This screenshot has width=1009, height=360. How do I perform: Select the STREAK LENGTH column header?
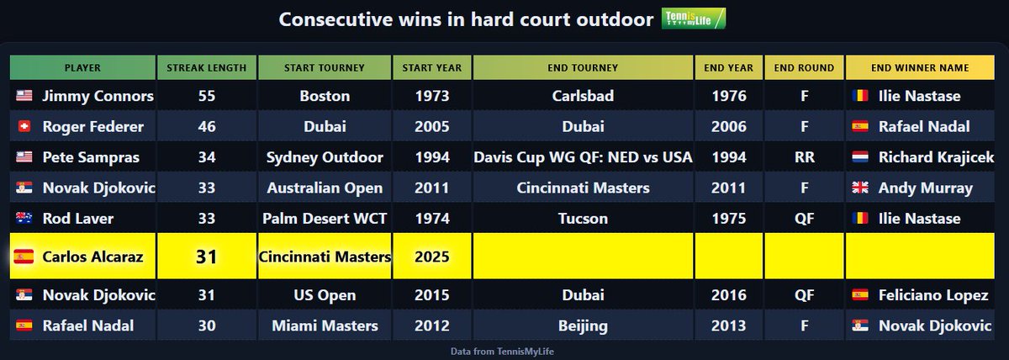tap(206, 67)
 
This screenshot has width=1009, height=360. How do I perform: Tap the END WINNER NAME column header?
tap(920, 67)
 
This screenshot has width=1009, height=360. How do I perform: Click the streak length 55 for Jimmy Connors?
tap(206, 96)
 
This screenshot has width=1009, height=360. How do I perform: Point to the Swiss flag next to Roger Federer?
tap(24, 127)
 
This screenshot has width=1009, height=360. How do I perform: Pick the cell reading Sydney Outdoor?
tap(325, 157)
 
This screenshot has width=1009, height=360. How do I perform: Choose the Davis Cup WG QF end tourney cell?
tap(583, 157)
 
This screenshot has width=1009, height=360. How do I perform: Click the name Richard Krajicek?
tap(935, 157)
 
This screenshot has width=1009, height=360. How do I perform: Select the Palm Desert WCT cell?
tap(325, 219)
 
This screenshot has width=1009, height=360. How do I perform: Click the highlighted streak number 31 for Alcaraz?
tap(206, 257)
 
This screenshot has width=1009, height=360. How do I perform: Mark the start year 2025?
tap(432, 257)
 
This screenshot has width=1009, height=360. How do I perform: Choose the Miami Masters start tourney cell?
tap(325, 326)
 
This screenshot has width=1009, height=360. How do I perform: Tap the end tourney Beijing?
tap(583, 326)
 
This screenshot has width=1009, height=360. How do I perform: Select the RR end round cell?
tap(803, 157)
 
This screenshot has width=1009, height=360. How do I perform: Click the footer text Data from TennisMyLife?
tap(504, 350)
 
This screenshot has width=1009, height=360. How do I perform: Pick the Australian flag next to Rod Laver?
tap(24, 219)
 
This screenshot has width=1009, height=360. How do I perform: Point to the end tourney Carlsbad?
tap(583, 96)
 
